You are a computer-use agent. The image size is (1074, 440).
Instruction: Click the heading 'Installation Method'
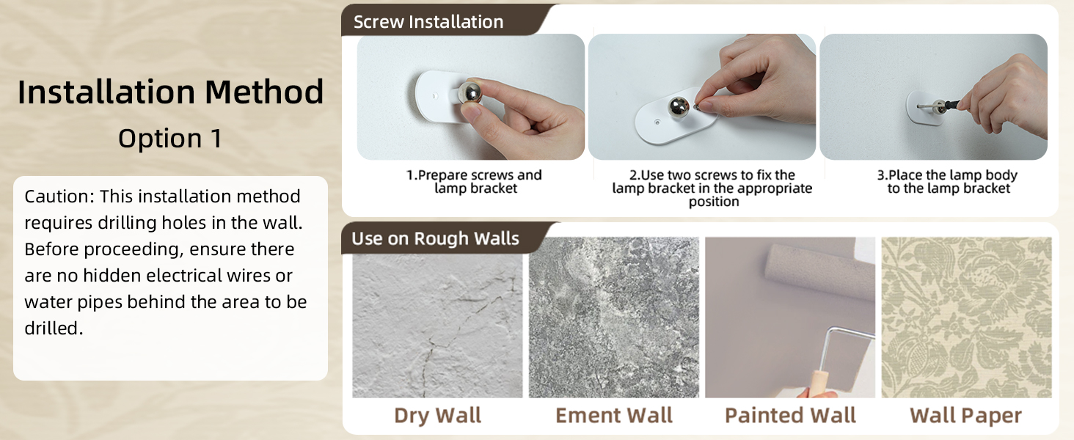click(x=170, y=92)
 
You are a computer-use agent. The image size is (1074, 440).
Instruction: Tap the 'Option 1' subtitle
click(x=170, y=139)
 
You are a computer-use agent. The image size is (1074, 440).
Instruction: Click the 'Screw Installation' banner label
click(x=428, y=22)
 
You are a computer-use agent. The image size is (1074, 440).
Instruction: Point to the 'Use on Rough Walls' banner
click(x=435, y=238)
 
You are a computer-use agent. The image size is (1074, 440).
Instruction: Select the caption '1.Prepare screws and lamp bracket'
click(x=474, y=182)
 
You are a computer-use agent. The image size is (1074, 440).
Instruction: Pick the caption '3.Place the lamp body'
click(x=949, y=182)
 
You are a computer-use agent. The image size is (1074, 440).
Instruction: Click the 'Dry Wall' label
click(x=437, y=415)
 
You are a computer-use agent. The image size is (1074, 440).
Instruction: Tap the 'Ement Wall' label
click(x=614, y=415)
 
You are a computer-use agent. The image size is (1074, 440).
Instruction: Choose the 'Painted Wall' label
click(x=790, y=415)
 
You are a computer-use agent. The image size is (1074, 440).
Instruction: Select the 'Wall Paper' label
click(x=965, y=415)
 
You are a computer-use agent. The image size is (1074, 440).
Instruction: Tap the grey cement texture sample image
click(x=614, y=317)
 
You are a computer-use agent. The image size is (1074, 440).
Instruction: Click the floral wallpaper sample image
click(x=966, y=317)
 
